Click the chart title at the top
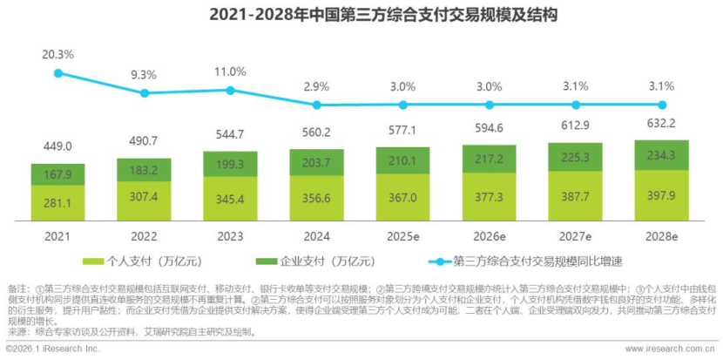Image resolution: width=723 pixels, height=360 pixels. pos(361,15)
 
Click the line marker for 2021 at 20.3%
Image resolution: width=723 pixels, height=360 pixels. pos(58,73)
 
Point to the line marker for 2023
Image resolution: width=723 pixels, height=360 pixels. pos(231,90)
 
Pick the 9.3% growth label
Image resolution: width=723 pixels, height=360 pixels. pos(145,76)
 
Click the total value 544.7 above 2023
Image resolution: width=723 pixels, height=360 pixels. pos(231,135)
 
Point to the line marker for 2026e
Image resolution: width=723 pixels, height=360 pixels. pos(490,105)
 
